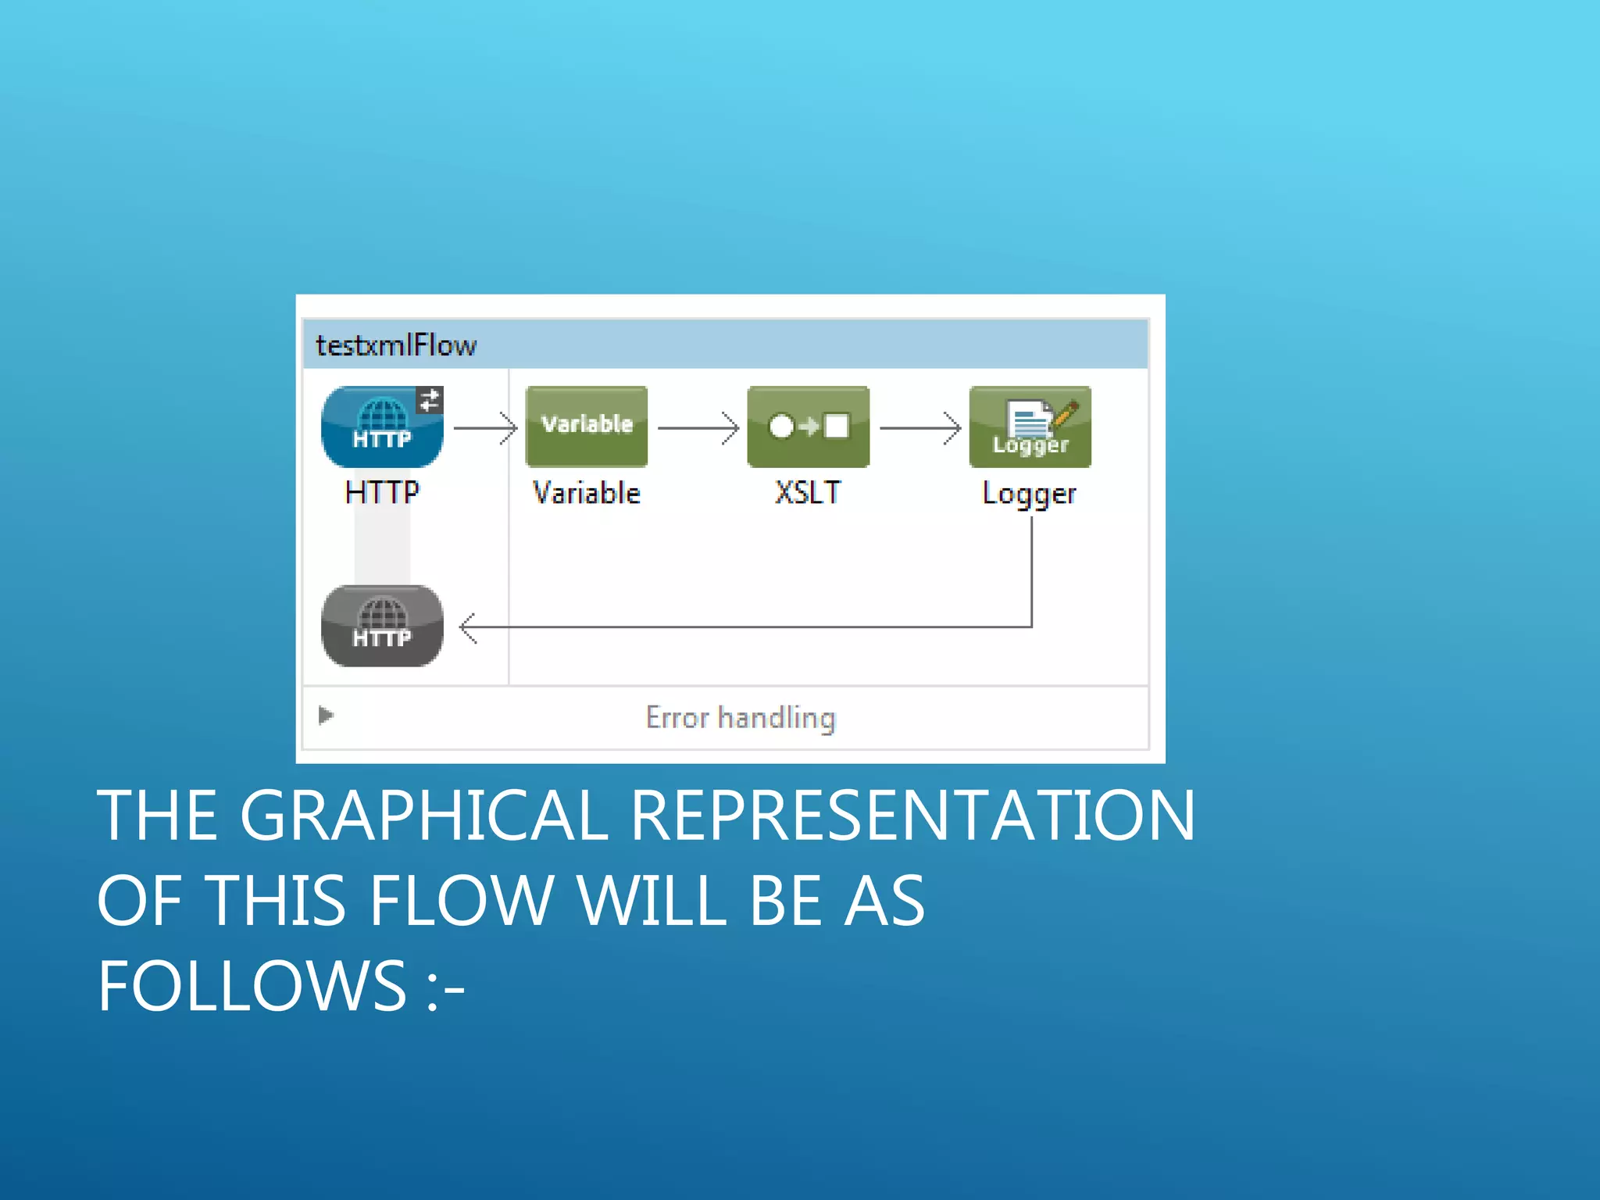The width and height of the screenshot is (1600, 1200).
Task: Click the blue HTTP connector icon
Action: pyautogui.click(x=381, y=427)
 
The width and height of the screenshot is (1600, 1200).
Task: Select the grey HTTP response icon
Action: pyautogui.click(x=381, y=626)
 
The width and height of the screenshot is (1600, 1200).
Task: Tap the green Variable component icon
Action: pyautogui.click(x=586, y=427)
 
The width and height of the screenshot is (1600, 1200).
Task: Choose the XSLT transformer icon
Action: pyautogui.click(x=808, y=427)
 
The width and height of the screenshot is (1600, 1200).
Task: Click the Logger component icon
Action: pyautogui.click(x=1030, y=427)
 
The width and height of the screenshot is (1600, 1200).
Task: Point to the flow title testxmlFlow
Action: pyautogui.click(x=395, y=345)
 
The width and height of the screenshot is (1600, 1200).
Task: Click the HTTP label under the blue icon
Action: pyautogui.click(x=381, y=493)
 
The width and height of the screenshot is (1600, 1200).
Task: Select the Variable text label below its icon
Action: pyautogui.click(x=586, y=493)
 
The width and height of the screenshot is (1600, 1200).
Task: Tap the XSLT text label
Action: pyautogui.click(x=808, y=493)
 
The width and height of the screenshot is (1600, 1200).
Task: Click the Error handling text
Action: pyautogui.click(x=741, y=718)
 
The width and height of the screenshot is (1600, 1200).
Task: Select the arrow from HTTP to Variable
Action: pyautogui.click(x=485, y=428)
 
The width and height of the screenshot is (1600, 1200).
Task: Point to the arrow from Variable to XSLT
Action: pyautogui.click(x=698, y=428)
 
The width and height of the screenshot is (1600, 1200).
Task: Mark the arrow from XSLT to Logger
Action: pyautogui.click(x=920, y=428)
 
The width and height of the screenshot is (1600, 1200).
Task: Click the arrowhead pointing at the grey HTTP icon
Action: pyautogui.click(x=468, y=627)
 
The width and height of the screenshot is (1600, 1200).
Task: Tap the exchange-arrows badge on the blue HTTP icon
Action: pyautogui.click(x=429, y=400)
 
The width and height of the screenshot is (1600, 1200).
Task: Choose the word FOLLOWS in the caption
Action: pyautogui.click(x=252, y=985)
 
